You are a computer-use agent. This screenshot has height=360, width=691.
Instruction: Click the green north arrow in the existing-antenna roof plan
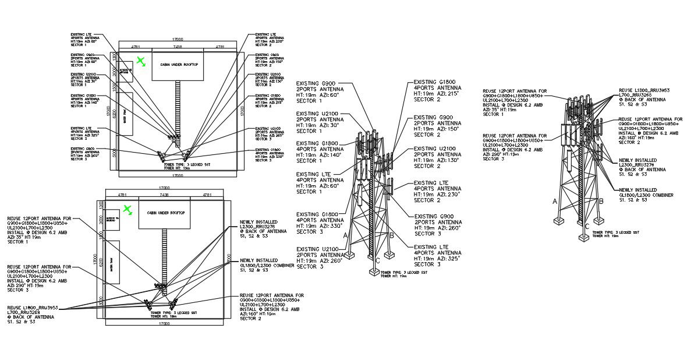click(140, 61)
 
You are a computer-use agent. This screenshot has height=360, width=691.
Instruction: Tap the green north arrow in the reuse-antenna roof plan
click(127, 210)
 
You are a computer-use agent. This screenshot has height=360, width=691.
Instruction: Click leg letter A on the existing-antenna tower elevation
click(346, 236)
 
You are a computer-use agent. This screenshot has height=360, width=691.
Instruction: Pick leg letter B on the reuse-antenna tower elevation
click(601, 201)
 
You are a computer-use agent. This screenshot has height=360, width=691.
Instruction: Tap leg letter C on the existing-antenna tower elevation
click(378, 260)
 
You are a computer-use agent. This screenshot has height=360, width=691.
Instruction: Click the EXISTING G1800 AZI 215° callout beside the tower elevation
click(435, 91)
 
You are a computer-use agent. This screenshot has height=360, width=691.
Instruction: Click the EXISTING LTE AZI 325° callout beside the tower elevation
click(435, 256)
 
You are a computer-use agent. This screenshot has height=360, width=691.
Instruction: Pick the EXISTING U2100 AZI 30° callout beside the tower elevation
click(319, 123)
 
